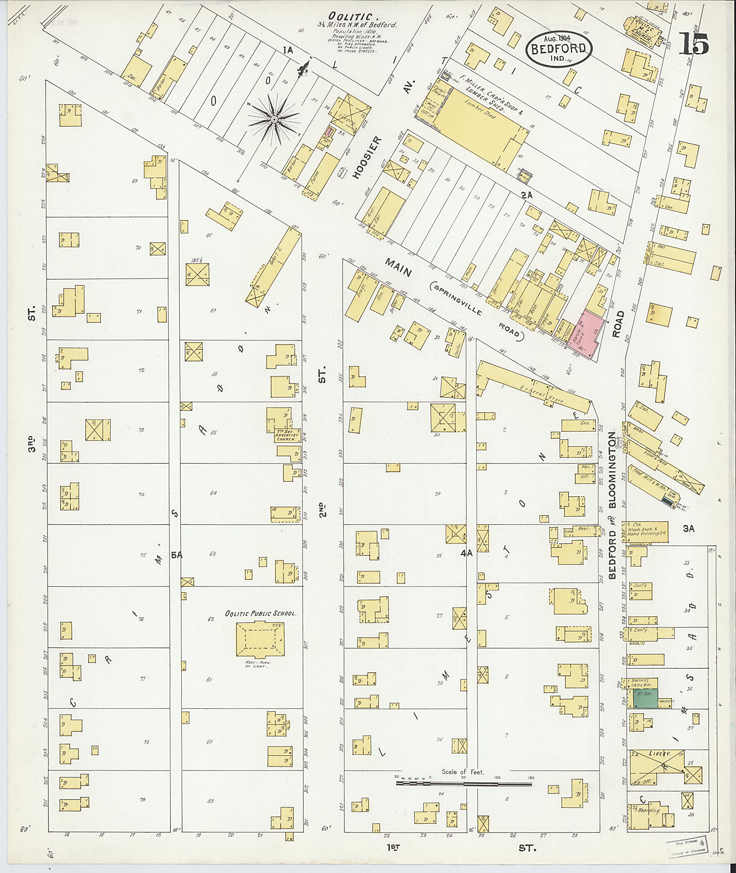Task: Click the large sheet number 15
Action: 694,43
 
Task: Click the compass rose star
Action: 274,120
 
